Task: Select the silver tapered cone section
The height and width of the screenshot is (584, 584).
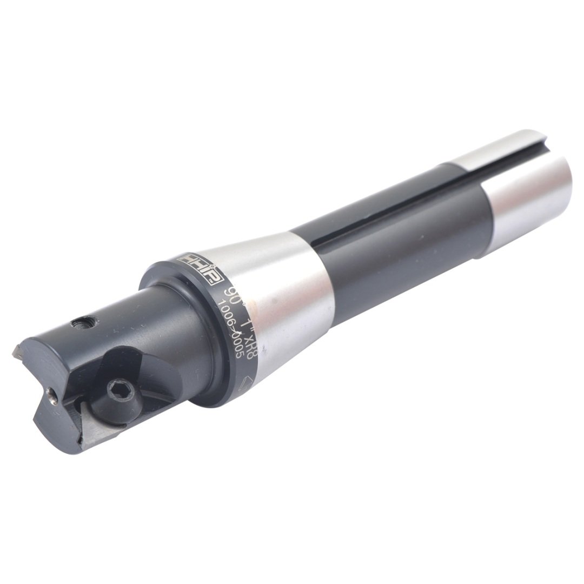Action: [x=287, y=303]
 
